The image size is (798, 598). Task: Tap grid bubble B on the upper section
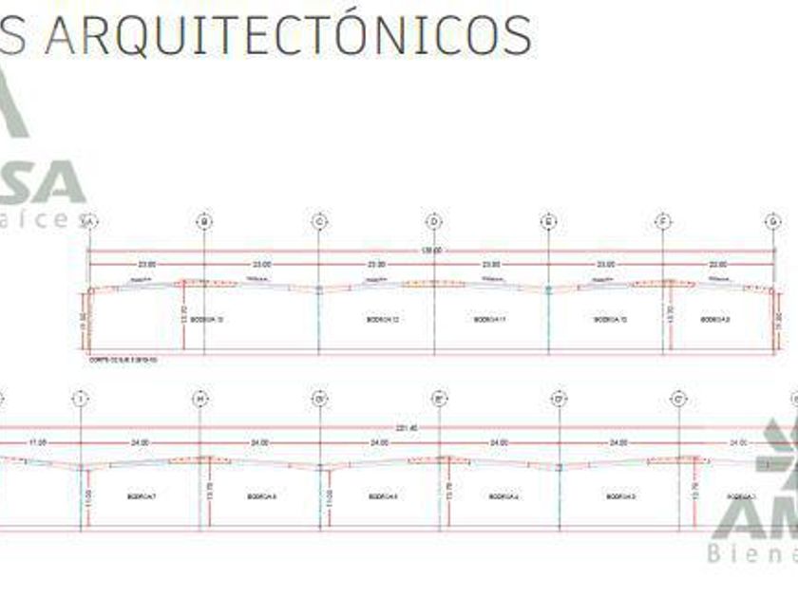(204, 222)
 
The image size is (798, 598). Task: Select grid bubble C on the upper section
(319, 222)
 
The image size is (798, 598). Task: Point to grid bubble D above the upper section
(434, 222)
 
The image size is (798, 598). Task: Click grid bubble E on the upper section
(549, 222)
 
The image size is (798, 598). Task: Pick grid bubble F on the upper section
(663, 222)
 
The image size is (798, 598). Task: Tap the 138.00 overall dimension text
(431, 252)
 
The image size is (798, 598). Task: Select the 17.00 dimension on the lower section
(37, 443)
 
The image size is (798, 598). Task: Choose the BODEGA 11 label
(489, 320)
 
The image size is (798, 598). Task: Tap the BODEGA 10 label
(610, 320)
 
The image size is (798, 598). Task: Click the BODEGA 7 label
(141, 496)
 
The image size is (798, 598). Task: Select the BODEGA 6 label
(261, 496)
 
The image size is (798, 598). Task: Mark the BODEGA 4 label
(503, 496)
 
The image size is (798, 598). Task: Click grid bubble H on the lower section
(199, 400)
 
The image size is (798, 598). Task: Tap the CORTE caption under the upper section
(123, 361)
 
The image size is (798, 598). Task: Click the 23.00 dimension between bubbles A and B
(146, 265)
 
